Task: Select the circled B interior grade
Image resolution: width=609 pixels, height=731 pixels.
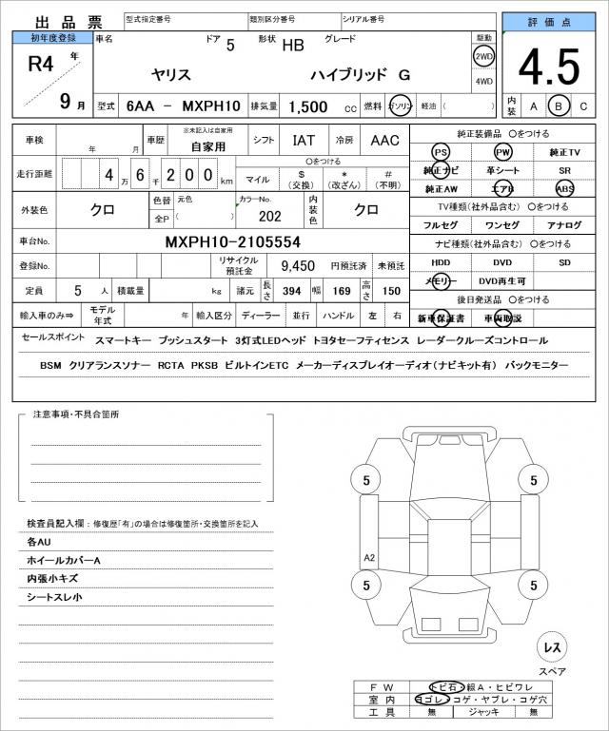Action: tap(560, 106)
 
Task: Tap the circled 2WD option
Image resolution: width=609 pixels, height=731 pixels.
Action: tap(483, 56)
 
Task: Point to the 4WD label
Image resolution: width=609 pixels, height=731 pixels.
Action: tap(483, 81)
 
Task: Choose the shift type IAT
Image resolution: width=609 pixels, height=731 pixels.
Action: tap(304, 141)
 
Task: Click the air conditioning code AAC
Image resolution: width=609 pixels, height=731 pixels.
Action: tap(384, 141)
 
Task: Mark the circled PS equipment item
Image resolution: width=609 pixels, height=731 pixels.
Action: tap(441, 152)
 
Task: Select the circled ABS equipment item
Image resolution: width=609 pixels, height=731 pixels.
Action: tap(565, 188)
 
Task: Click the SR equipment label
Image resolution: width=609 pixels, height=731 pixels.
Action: tap(565, 170)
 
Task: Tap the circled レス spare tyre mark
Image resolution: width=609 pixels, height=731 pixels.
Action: tap(552, 647)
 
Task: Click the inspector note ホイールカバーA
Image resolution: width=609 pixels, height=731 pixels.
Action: tap(63, 560)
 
